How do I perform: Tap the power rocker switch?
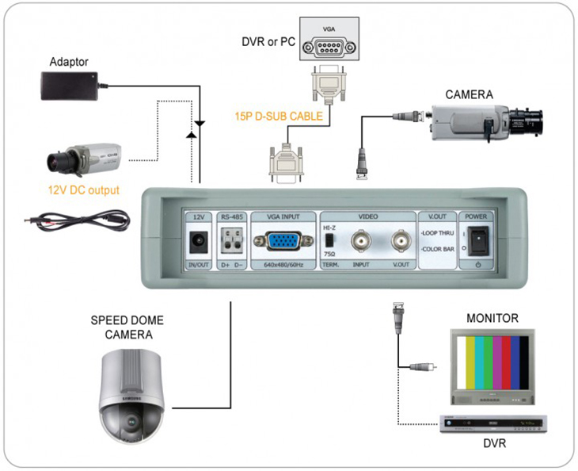(477, 242)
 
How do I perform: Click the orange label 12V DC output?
(83, 190)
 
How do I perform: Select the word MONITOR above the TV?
(492, 319)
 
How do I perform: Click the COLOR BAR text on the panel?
(438, 248)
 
